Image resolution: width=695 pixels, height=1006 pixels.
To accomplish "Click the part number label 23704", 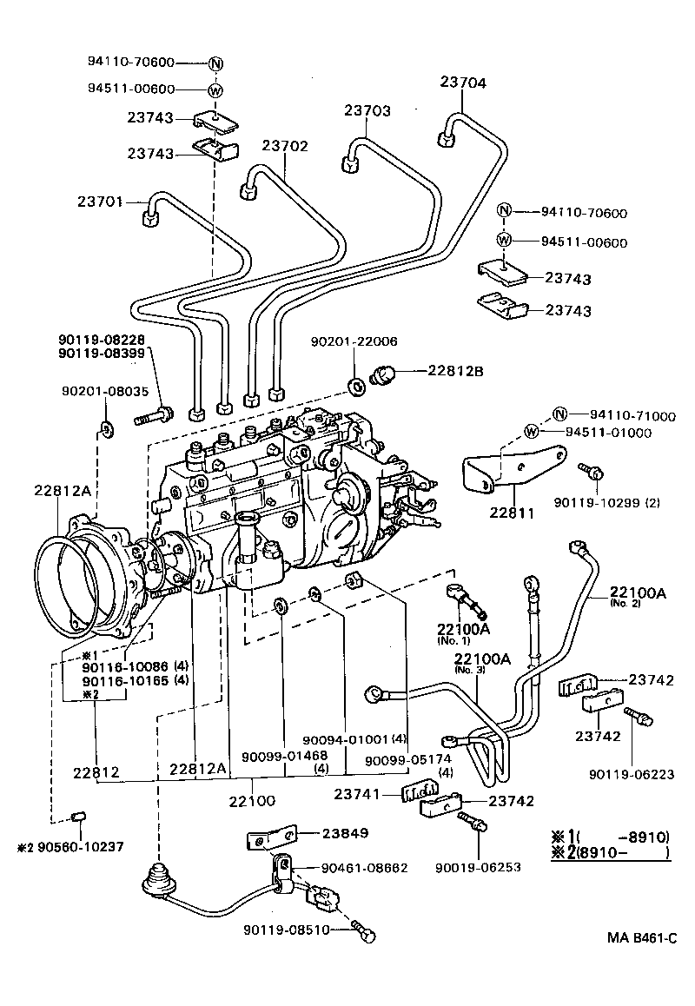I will (x=463, y=83).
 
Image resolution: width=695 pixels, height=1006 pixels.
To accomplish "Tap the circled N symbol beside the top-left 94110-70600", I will (x=215, y=63).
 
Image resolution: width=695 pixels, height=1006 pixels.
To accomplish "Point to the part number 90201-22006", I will (x=354, y=342).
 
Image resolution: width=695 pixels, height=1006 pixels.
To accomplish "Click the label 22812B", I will (x=455, y=372).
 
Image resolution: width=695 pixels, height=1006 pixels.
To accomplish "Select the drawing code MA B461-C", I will (x=641, y=938).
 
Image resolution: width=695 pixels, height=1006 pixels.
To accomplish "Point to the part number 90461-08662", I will (x=364, y=868).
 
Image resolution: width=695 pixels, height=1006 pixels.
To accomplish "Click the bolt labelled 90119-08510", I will (x=367, y=934).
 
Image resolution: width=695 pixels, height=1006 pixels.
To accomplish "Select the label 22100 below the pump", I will (x=252, y=798).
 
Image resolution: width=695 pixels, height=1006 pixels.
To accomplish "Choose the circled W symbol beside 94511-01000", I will (x=532, y=433).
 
